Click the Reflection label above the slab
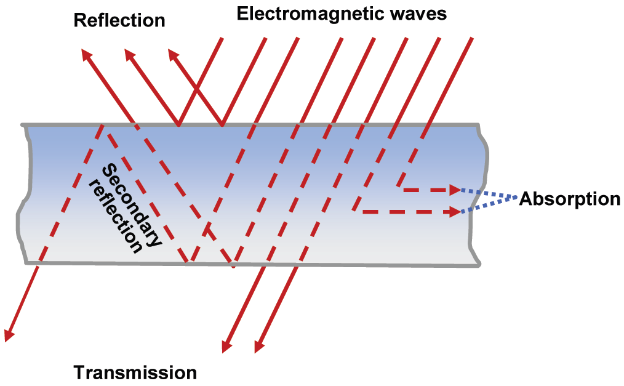pyautogui.click(x=119, y=20)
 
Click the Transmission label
pyautogui.click(x=135, y=372)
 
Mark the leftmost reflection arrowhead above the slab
pyautogui.click(x=86, y=55)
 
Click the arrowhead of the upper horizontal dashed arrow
pyautogui.click(x=456, y=189)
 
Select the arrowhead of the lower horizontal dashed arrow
pyautogui.click(x=456, y=212)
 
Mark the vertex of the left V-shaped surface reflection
pyautogui.click(x=178, y=125)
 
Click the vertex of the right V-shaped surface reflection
pyautogui.click(x=222, y=125)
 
